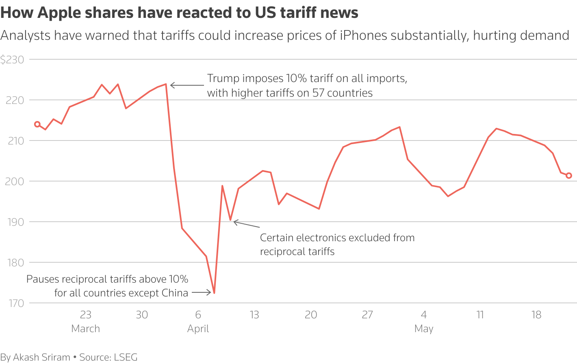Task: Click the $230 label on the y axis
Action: (12, 60)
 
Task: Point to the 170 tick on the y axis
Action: (16, 303)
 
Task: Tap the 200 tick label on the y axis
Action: (15, 181)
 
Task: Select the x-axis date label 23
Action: (85, 315)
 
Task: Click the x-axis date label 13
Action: (254, 315)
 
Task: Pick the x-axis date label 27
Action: (367, 315)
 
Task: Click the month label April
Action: (198, 328)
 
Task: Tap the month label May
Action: (424, 328)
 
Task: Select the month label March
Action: (85, 328)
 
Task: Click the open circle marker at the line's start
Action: (37, 124)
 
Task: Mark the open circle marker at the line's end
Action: (569, 176)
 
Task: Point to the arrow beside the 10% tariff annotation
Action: (187, 85)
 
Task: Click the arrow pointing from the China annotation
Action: (202, 292)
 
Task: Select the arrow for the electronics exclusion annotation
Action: (246, 224)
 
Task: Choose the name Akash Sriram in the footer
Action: (41, 357)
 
